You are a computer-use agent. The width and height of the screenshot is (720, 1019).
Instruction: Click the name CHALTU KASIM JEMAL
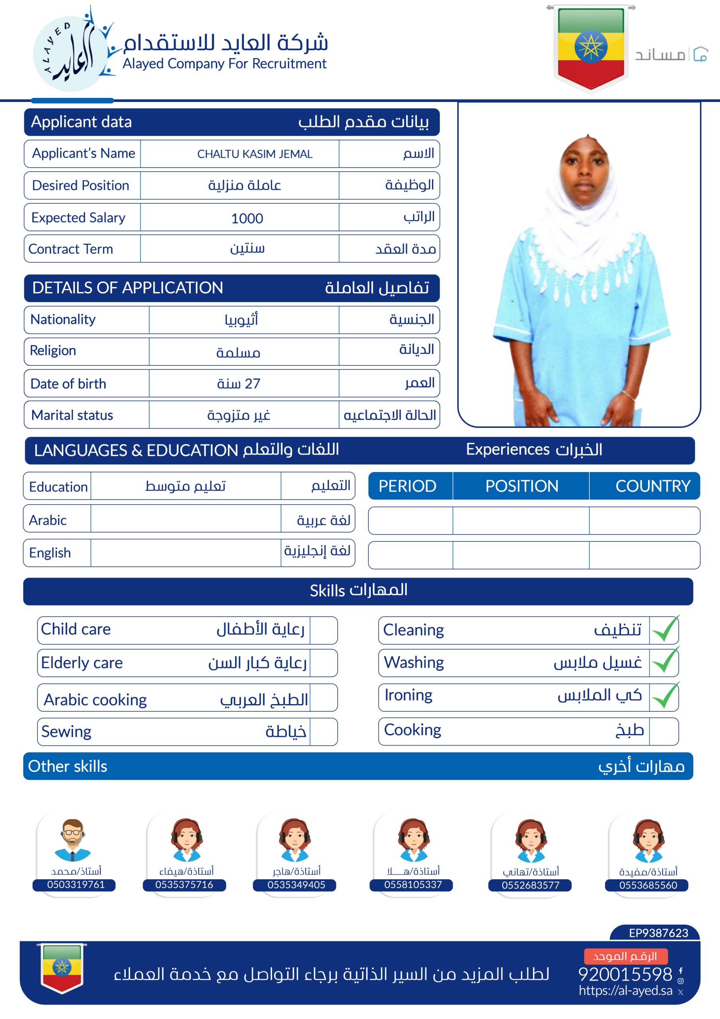255,154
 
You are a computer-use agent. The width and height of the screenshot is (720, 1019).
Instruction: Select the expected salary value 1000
247,219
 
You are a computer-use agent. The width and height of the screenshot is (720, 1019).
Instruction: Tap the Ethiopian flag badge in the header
590,47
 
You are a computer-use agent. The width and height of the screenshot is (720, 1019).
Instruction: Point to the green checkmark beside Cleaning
665,629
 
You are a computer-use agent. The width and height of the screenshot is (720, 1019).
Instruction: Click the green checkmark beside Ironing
665,696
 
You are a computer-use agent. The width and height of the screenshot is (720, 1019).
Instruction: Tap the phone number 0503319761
76,884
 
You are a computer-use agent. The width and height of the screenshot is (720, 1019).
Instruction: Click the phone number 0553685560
648,885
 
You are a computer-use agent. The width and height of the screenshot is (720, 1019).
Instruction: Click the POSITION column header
521,486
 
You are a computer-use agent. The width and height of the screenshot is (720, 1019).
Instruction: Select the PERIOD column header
407,486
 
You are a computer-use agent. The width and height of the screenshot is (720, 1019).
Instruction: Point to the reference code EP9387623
658,933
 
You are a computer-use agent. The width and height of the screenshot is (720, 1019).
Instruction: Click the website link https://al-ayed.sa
625,990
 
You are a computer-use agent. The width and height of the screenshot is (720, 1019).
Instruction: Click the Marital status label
72,415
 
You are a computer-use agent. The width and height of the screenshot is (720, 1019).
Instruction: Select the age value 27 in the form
252,383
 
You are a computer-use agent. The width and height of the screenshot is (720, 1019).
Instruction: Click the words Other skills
68,766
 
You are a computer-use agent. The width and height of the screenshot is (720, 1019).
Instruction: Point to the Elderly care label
82,663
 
